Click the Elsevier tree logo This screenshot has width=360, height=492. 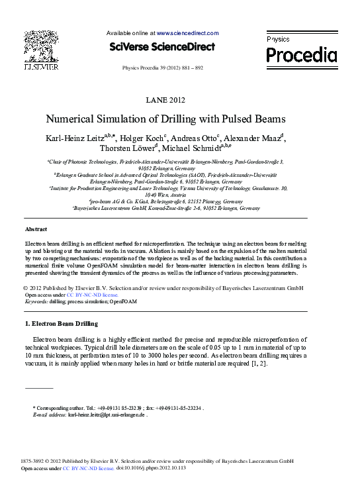click(41, 46)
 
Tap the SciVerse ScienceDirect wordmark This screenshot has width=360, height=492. click(161, 46)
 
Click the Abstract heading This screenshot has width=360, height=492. click(36, 228)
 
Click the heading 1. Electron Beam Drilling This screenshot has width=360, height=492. click(61, 323)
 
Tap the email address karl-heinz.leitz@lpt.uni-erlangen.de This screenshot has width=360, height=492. click(107, 415)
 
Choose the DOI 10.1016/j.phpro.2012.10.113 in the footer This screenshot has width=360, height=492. click(152, 467)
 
